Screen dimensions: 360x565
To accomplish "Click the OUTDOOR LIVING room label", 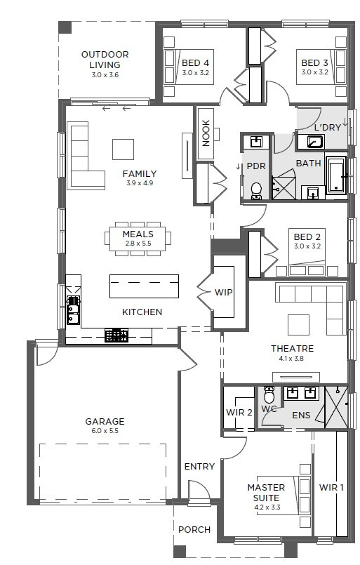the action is [x=105, y=60].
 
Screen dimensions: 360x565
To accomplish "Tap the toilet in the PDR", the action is [x=256, y=191].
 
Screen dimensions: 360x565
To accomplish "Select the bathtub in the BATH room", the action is [x=336, y=175].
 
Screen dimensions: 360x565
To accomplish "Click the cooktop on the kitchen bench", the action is [x=116, y=335].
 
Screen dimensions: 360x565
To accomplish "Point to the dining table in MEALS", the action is [x=138, y=239].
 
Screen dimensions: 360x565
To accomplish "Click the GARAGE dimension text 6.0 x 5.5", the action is [x=105, y=431].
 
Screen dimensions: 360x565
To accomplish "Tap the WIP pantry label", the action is [x=223, y=292].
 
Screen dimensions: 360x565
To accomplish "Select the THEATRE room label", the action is [x=292, y=348].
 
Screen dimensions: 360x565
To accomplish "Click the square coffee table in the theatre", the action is [x=298, y=325].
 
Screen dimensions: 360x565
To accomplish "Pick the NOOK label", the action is [x=206, y=133].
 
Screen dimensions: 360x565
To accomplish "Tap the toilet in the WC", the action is [x=269, y=395].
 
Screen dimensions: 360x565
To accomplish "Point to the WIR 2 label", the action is [x=239, y=412].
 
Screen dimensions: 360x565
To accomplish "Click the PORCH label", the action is [x=194, y=530].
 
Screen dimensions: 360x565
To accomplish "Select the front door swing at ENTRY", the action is [x=199, y=490].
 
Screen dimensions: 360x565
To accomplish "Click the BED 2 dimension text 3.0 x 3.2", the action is [x=307, y=246].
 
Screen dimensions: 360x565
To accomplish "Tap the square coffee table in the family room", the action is [x=124, y=149].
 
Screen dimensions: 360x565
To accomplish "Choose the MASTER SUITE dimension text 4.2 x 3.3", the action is [x=267, y=507].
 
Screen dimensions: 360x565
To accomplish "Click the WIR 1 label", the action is [x=331, y=488].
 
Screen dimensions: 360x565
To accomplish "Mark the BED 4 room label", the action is [x=195, y=63].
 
